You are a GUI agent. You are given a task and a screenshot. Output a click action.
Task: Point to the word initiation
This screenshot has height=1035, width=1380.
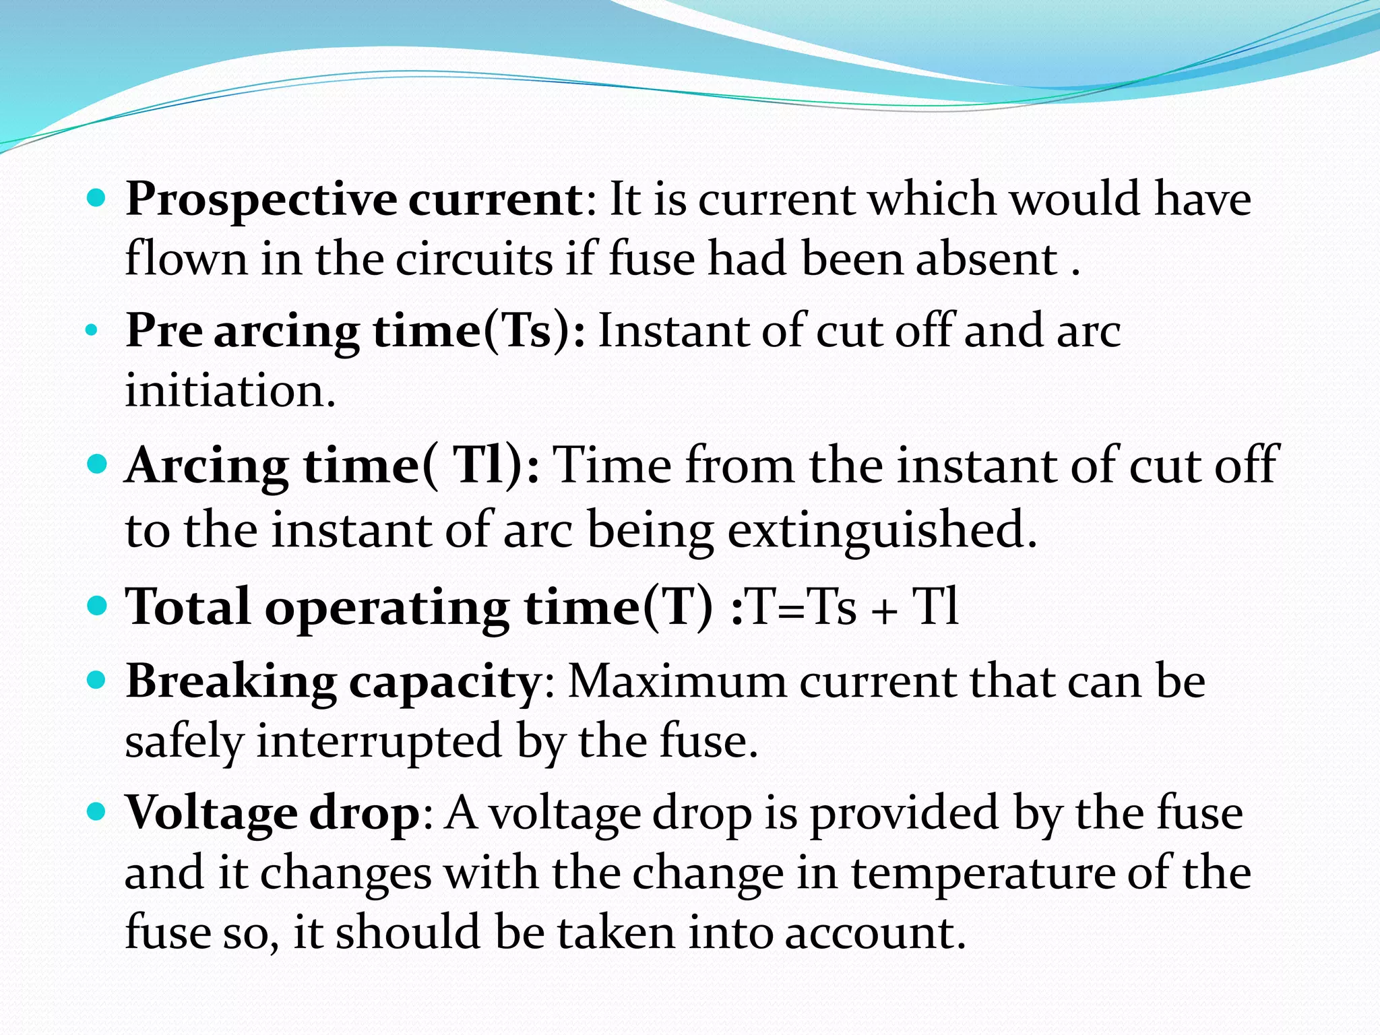pyautogui.click(x=230, y=391)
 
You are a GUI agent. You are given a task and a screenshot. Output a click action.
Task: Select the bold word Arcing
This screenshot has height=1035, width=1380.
pyautogui.click(x=207, y=466)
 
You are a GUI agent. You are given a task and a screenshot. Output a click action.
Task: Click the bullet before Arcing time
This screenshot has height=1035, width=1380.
pyautogui.click(x=97, y=464)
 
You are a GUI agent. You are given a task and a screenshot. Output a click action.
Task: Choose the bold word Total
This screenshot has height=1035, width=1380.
pyautogui.click(x=188, y=607)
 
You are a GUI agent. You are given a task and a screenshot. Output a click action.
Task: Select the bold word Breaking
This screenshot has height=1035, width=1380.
pyautogui.click(x=231, y=681)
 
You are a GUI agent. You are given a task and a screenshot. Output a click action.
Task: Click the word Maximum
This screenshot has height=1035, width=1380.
pyautogui.click(x=677, y=681)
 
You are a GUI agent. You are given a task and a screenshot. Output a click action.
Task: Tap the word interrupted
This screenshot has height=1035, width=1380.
pyautogui.click(x=379, y=741)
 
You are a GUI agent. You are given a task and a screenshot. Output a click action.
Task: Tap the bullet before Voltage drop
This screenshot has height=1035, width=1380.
pyautogui.click(x=97, y=811)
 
